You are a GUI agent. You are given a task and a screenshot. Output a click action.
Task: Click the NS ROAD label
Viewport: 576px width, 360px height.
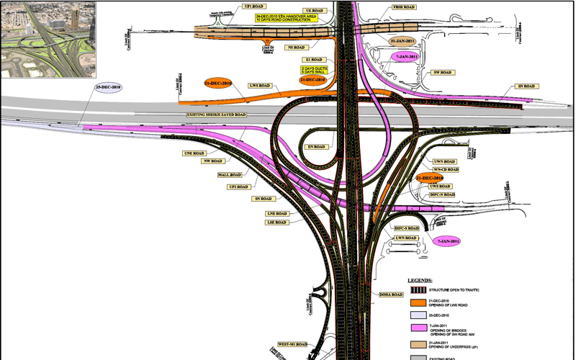coord(294,48)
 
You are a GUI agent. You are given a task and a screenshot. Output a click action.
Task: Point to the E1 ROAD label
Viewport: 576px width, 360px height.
coord(315,60)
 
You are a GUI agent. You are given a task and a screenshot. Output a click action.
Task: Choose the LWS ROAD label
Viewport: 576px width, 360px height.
coord(258,86)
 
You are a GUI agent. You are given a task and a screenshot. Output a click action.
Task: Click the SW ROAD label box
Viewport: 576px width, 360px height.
coord(441,73)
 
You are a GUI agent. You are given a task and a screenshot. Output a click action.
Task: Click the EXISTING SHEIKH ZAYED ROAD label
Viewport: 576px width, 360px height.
coord(217,115)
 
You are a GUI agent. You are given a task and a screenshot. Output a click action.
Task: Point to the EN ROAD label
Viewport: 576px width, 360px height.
coord(317,147)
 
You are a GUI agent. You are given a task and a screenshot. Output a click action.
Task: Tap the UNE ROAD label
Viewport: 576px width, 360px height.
coord(196,153)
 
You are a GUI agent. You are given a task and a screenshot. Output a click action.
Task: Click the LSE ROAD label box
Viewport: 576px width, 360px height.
coord(276,222)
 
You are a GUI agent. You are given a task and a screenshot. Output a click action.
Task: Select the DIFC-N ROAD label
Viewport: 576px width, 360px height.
coord(441,195)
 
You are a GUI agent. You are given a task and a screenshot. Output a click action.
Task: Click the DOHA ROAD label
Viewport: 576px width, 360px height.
coord(390,294)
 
